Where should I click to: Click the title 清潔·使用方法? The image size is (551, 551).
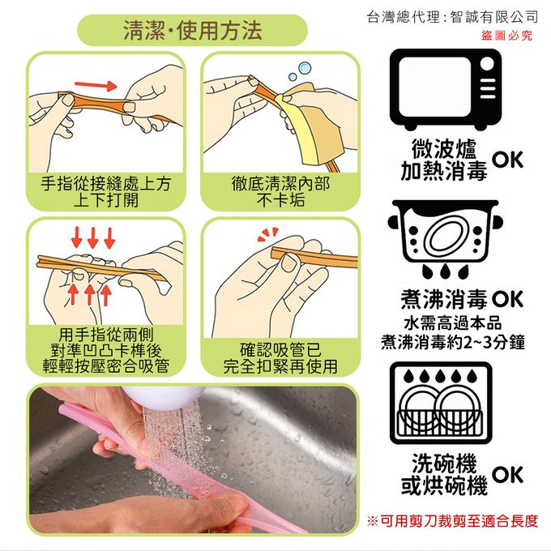click(193, 30)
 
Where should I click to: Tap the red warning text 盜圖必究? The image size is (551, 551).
click(506, 36)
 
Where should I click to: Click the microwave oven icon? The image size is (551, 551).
click(446, 89)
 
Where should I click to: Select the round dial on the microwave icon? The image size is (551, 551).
click(487, 64)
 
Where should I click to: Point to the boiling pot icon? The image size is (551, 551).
click(445, 240)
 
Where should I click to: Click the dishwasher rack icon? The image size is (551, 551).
click(441, 403)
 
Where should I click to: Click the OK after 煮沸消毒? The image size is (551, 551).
click(508, 299)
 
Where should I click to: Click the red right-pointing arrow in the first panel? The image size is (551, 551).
click(96, 85)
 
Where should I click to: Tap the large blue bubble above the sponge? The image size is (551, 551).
click(304, 67)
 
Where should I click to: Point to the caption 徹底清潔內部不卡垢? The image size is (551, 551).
click(280, 192)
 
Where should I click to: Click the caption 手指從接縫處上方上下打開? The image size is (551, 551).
click(105, 192)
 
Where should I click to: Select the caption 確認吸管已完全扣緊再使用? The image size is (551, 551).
click(280, 357)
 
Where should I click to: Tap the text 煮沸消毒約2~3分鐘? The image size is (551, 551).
click(453, 342)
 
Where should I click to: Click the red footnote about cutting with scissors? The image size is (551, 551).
click(452, 521)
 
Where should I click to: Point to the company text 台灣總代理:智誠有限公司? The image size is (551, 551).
click(452, 17)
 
